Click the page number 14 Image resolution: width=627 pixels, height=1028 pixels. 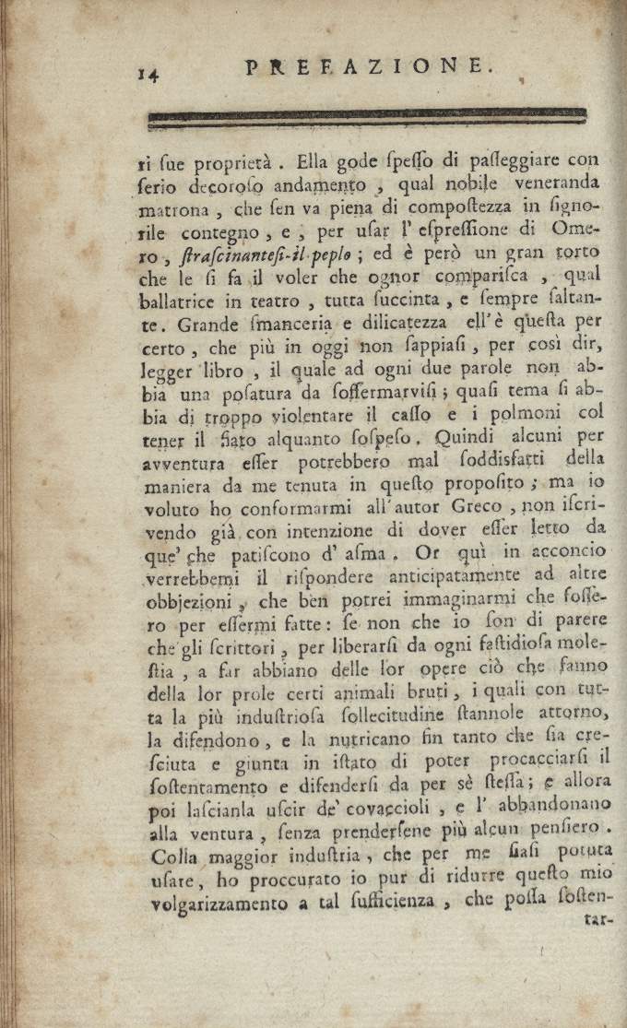coord(147,75)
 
